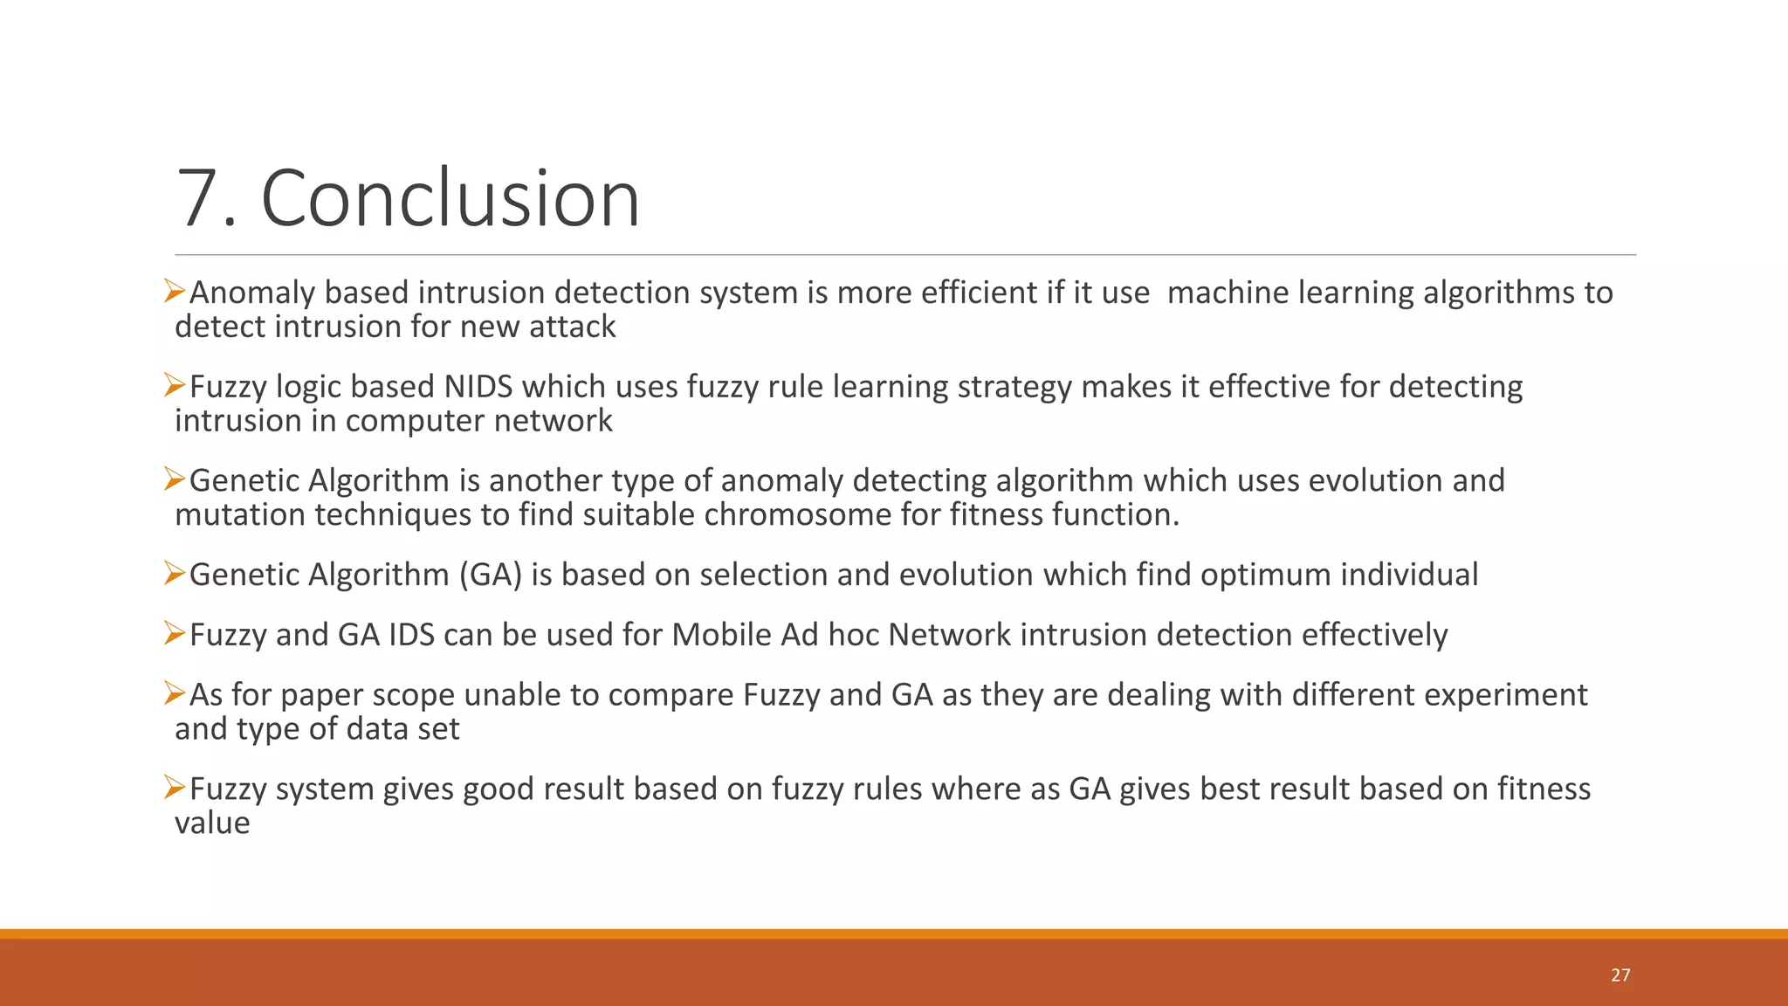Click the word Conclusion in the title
pos(450,198)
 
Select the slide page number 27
pos(1620,975)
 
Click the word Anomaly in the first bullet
pos(252,293)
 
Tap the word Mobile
pos(721,635)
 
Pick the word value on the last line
pos(212,823)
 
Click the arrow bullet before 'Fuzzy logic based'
pos(175,384)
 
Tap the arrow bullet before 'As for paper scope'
pos(175,693)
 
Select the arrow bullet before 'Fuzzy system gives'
pos(175,787)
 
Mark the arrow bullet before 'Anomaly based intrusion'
pos(175,290)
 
